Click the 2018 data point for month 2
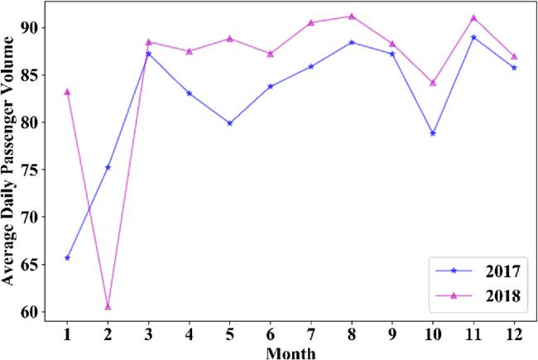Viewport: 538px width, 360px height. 108,307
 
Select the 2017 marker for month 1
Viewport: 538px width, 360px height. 67,257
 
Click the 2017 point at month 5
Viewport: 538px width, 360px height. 229,123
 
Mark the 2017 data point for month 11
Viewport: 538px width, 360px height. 473,37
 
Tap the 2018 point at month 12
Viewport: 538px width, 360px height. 513,56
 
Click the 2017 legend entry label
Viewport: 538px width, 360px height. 502,271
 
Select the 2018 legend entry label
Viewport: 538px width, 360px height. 502,296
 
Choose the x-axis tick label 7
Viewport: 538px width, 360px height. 310,337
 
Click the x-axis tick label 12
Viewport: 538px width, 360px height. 513,337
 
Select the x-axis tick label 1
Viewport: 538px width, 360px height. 67,337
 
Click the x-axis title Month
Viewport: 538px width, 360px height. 291,353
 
